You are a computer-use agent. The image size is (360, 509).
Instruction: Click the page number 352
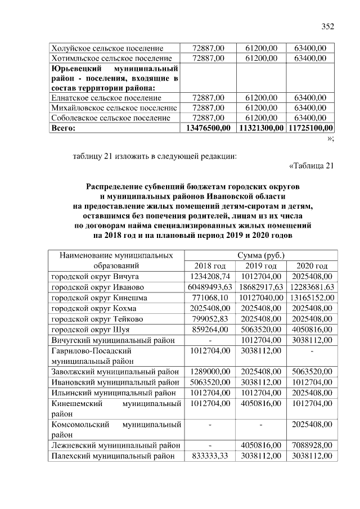(x=327, y=26)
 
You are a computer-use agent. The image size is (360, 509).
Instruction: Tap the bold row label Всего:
(x=63, y=128)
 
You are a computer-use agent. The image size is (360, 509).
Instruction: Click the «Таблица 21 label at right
(x=311, y=165)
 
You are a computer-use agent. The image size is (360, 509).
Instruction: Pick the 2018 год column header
(x=209, y=265)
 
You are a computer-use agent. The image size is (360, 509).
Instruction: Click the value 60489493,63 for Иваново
(x=208, y=287)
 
